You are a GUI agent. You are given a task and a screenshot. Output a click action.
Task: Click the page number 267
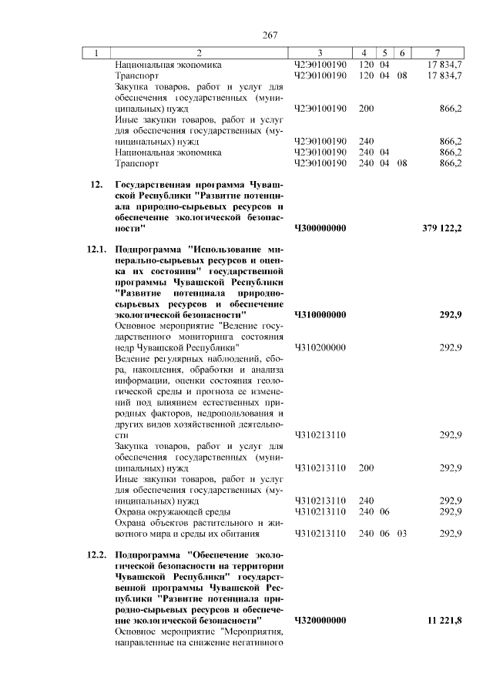coord(269,35)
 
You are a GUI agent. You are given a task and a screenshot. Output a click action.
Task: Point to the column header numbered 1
coord(96,52)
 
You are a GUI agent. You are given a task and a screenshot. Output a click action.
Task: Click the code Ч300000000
coord(320,229)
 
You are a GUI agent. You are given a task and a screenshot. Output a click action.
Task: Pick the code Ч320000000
coord(320,620)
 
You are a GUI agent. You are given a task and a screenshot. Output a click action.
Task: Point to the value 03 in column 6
coord(402,533)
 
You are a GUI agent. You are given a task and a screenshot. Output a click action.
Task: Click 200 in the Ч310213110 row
coord(366,467)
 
